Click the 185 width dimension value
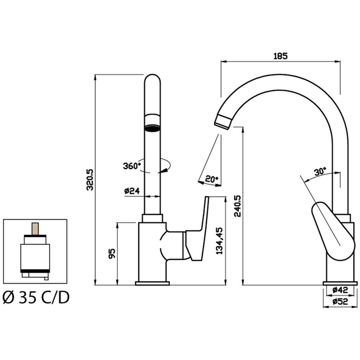[280, 56]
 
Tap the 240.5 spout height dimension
[237, 206]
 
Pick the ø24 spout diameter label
[132, 191]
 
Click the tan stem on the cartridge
[35, 228]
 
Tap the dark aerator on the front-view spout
[152, 128]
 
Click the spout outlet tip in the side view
[223, 122]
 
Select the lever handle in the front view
[198, 230]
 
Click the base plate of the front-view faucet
[152, 284]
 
